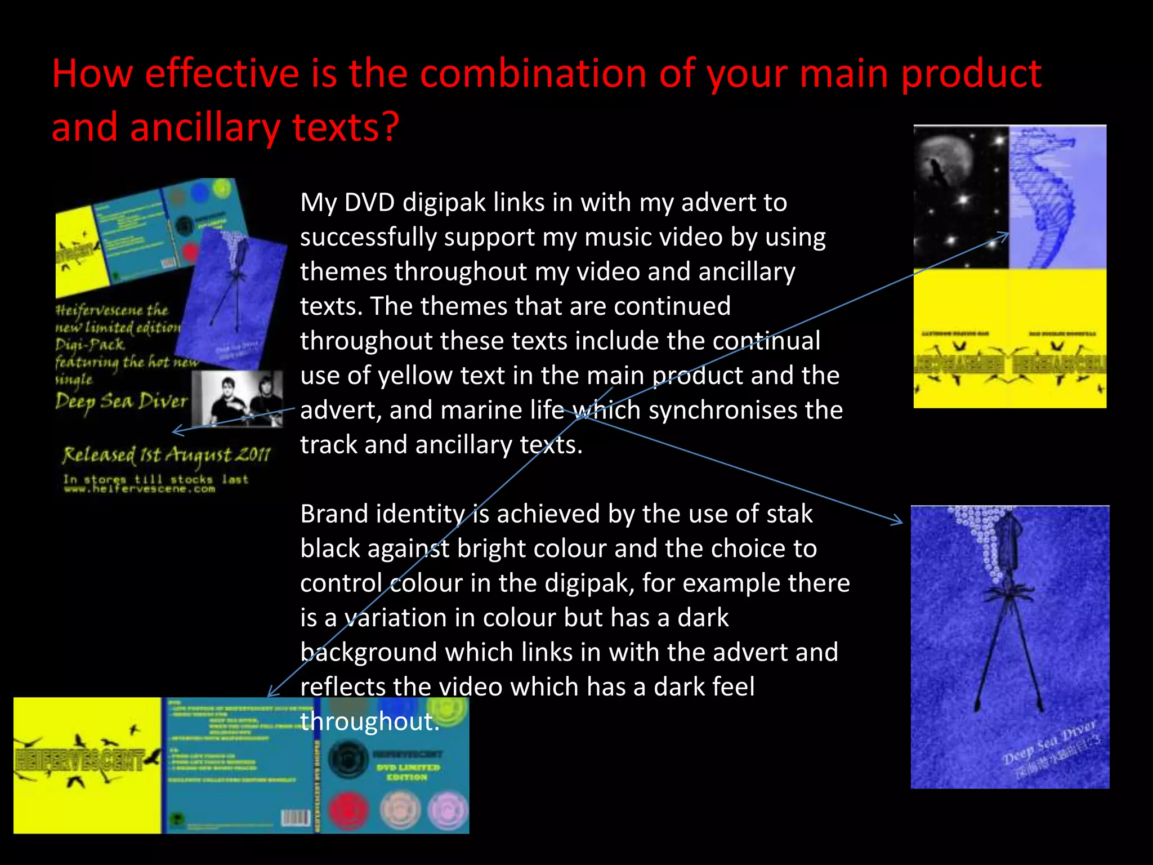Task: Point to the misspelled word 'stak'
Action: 790,514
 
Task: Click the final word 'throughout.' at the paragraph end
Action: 369,721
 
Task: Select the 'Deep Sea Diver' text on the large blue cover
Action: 1050,743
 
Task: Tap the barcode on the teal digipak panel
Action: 296,818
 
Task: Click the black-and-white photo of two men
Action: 238,399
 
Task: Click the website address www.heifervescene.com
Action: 140,489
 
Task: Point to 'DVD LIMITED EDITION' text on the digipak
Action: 408,772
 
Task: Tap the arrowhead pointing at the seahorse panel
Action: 1005,235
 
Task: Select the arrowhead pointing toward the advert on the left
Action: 176,431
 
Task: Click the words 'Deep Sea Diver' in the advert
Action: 121,402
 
